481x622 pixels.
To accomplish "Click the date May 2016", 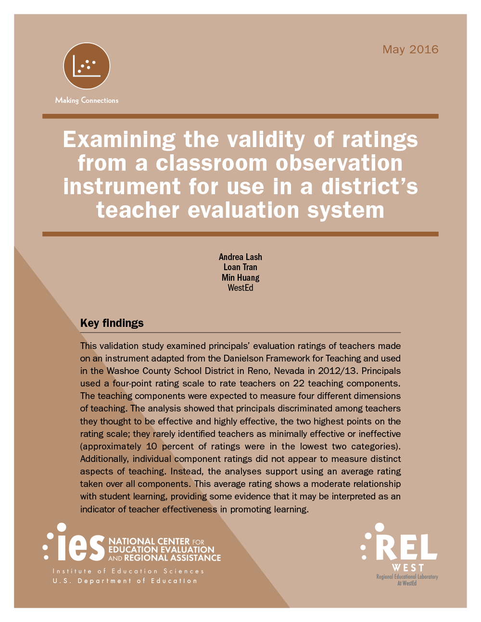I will pyautogui.click(x=410, y=50).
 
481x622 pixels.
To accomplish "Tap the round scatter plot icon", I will pyautogui.click(x=87, y=66).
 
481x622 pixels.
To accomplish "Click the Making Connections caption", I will pyautogui.click(x=87, y=100).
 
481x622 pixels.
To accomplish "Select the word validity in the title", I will pyautogui.click(x=266, y=140).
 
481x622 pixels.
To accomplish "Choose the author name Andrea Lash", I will pyautogui.click(x=240, y=257).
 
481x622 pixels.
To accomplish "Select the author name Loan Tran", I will pyautogui.click(x=240, y=267).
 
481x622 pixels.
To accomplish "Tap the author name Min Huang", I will pyautogui.click(x=240, y=278).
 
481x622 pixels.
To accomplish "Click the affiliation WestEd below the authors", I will pyautogui.click(x=240, y=288).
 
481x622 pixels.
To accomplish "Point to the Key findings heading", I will pyautogui.click(x=112, y=323).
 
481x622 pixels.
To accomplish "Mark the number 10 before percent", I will pyautogui.click(x=152, y=446).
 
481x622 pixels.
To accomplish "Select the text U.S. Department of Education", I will pyautogui.click(x=125, y=581).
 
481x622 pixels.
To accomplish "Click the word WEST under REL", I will pyautogui.click(x=408, y=568).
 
